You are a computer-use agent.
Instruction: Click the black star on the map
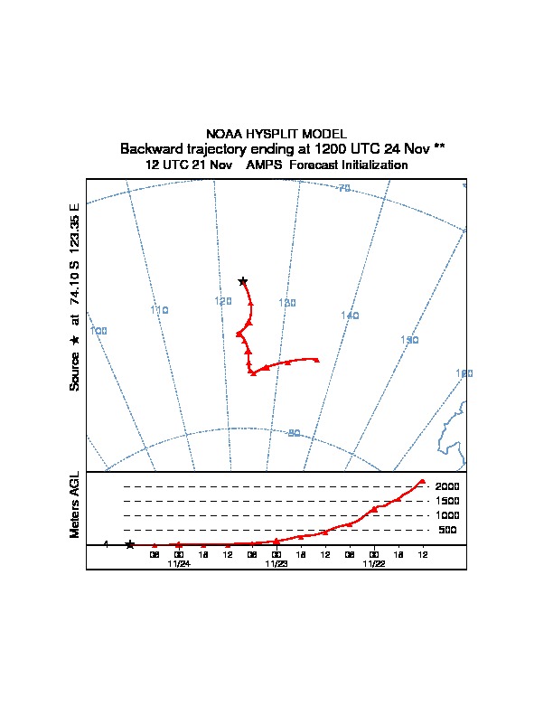[x=242, y=282]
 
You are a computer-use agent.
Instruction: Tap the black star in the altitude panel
[x=130, y=544]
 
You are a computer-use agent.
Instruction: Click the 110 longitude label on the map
[x=159, y=310]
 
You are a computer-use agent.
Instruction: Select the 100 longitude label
[x=99, y=331]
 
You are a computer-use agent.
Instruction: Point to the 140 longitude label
[x=350, y=315]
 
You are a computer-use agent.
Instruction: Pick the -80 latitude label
[x=293, y=433]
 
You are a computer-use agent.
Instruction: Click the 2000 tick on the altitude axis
[x=447, y=486]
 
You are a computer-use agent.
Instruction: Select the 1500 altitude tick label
[x=447, y=501]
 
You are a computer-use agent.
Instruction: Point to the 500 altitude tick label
[x=448, y=530]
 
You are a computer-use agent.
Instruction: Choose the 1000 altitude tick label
[x=447, y=515]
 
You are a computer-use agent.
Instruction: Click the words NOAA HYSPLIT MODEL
[x=276, y=134]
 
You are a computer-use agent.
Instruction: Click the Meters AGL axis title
[x=76, y=504]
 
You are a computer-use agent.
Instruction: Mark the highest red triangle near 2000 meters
[x=422, y=481]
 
